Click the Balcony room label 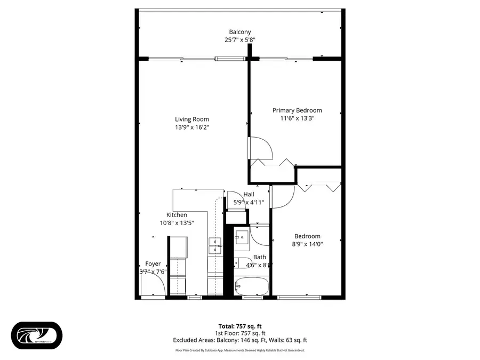coord(239,32)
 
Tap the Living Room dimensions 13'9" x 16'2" coord(192,127)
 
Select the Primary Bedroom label coord(297,110)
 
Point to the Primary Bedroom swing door coord(260,148)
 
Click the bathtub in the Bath coord(252,286)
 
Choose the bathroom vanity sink coord(241,237)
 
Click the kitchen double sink coord(214,245)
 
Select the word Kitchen coord(177,215)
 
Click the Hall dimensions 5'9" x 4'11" coord(249,202)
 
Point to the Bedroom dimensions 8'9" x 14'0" coord(307,244)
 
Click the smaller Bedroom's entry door coord(282,196)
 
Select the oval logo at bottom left coord(37,335)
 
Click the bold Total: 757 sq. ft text coord(239,326)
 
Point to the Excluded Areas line coord(239,340)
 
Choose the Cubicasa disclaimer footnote coord(239,350)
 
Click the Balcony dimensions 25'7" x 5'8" coord(239,39)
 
